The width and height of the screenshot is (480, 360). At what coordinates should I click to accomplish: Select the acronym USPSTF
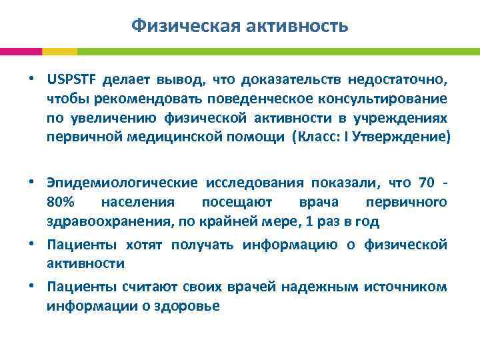pos(71,80)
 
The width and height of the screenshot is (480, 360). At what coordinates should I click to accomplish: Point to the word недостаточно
pos(402,80)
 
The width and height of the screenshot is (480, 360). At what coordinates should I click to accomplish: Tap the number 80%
pos(60,201)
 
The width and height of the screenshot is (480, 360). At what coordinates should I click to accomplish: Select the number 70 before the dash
pos(426,183)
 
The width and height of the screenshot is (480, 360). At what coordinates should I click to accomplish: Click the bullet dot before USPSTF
pos(32,80)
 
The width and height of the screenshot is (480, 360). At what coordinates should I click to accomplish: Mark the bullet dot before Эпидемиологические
pos(32,183)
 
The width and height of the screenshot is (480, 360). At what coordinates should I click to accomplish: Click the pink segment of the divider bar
pos(21,51)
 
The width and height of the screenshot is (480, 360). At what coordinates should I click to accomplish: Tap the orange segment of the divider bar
pos(59,51)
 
